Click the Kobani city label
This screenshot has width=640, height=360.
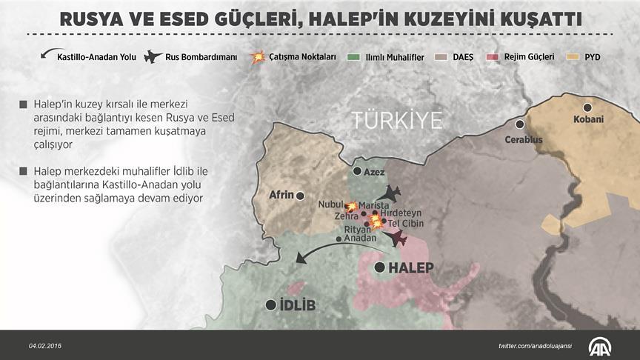point(588,119)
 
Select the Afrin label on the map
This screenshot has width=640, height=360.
point(281,196)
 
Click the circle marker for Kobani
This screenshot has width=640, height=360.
point(587,107)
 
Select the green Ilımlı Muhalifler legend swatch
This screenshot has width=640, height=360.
point(355,56)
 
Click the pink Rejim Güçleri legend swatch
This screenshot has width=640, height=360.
point(490,56)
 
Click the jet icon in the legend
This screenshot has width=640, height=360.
point(154,56)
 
